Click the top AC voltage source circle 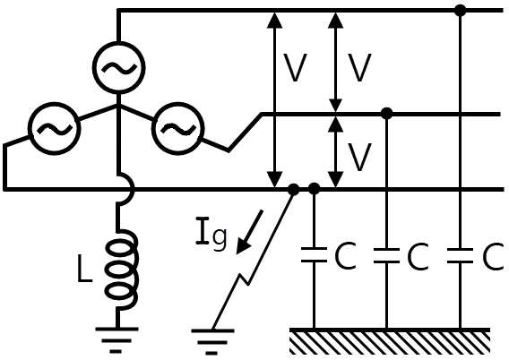[x=119, y=42]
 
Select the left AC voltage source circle [x=54, y=102]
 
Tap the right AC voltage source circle [x=178, y=102]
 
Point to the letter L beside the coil [x=84, y=268]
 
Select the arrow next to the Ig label [x=249, y=232]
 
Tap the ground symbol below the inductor [x=116, y=340]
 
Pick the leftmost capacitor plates [x=314, y=254]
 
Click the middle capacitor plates [x=386, y=255]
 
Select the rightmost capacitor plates [x=460, y=255]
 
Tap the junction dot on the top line [x=460, y=11]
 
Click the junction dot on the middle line [x=386, y=114]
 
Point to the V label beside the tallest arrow [x=295, y=67]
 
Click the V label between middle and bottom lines [x=359, y=157]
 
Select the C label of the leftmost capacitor [x=345, y=256]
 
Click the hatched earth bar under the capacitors [x=390, y=340]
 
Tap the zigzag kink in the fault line [x=244, y=279]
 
